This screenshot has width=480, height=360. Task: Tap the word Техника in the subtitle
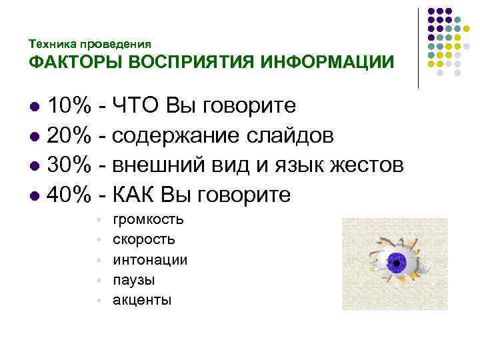[53, 44]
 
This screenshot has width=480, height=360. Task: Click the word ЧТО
[136, 105]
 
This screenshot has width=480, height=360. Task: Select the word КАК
[136, 195]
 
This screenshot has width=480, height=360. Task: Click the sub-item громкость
[149, 220]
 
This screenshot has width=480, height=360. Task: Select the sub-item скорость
[144, 240]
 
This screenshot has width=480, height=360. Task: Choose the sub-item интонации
[150, 260]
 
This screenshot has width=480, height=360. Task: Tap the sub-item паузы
[134, 280]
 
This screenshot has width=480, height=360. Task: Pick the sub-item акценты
[142, 300]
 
